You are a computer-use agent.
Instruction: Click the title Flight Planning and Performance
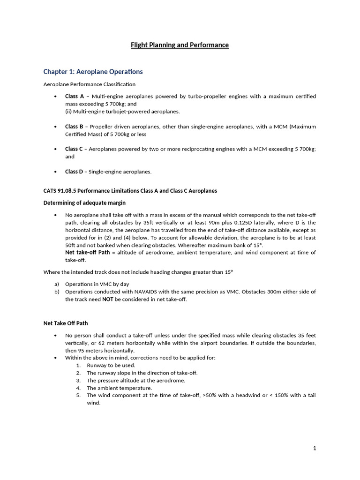[x=180, y=45]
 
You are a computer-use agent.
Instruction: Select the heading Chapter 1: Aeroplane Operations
[x=93, y=72]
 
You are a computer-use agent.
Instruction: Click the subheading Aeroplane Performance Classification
[x=89, y=84]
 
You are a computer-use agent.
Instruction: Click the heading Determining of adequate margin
[x=84, y=203]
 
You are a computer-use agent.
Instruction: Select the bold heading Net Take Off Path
[x=66, y=323]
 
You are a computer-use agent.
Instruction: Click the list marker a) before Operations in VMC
[x=57, y=284]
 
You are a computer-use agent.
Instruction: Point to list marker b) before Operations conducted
[x=57, y=292]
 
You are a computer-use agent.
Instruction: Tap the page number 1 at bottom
[x=315, y=448]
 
